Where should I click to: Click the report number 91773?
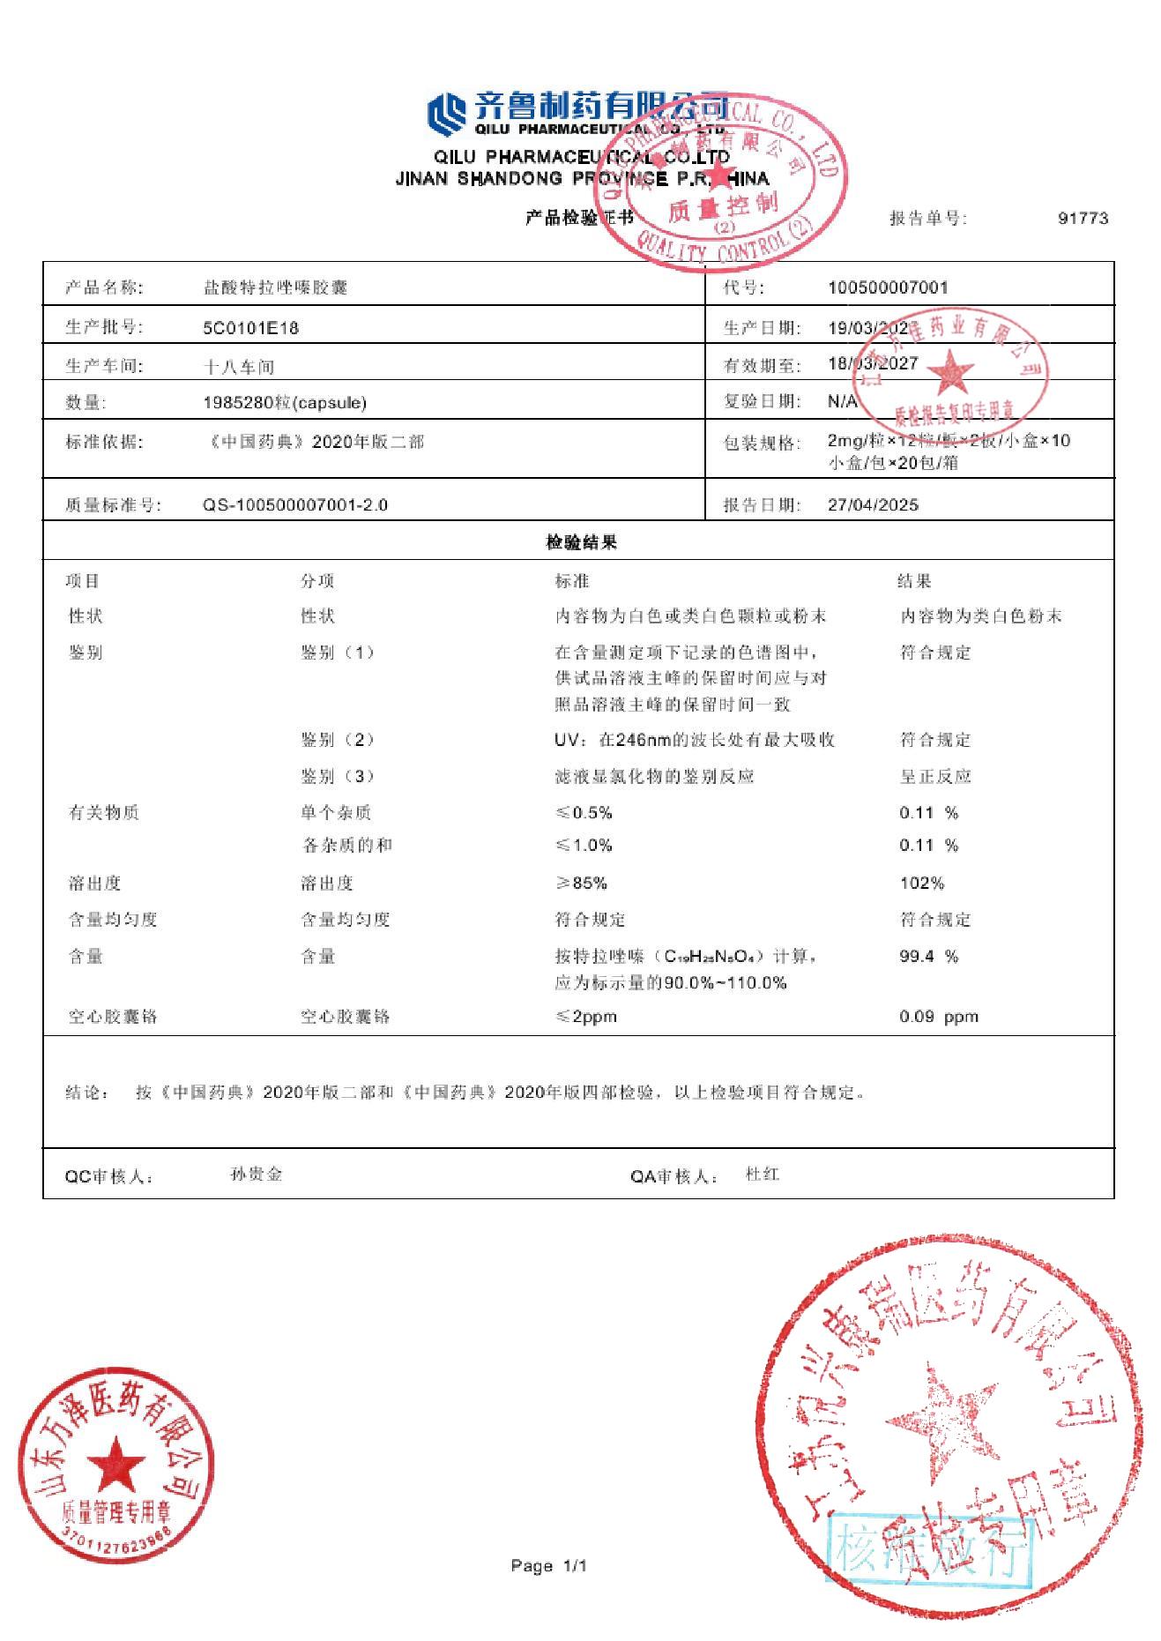1083,218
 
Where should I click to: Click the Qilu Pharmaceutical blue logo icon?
447,115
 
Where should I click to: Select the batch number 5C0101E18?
250,328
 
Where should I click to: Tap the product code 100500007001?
888,287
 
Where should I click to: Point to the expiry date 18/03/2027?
872,363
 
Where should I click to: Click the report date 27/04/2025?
873,504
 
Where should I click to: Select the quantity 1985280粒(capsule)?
284,403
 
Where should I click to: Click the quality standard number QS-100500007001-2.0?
294,505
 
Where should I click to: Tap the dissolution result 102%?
921,883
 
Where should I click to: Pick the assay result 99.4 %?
928,956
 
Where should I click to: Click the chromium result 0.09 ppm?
938,1016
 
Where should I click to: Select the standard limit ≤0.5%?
584,812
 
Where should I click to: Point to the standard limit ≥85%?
581,883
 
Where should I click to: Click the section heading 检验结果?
581,542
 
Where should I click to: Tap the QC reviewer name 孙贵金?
256,1175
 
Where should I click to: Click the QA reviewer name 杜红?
762,1175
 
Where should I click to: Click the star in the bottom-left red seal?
115,1465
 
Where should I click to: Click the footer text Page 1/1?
548,1566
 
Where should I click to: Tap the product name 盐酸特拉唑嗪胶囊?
275,287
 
